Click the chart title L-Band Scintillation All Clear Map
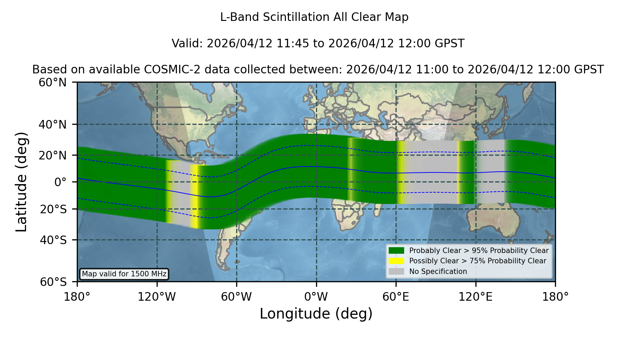click(x=314, y=17)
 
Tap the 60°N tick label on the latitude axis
click(x=53, y=83)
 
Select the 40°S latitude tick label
click(x=53, y=240)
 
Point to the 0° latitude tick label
click(x=61, y=182)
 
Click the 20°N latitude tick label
click(x=53, y=155)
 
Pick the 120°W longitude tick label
click(x=157, y=297)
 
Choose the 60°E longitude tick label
click(x=396, y=297)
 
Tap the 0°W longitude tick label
click(x=316, y=297)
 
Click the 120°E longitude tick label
click(x=475, y=297)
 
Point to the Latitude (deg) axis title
click(x=21, y=182)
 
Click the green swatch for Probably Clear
click(x=396, y=251)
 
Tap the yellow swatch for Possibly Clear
click(x=396, y=261)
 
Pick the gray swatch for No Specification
click(x=396, y=272)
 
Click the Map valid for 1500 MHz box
click(x=124, y=274)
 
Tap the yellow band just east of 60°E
click(x=401, y=172)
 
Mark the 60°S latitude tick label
click(x=53, y=282)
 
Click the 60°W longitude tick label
click(x=237, y=297)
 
